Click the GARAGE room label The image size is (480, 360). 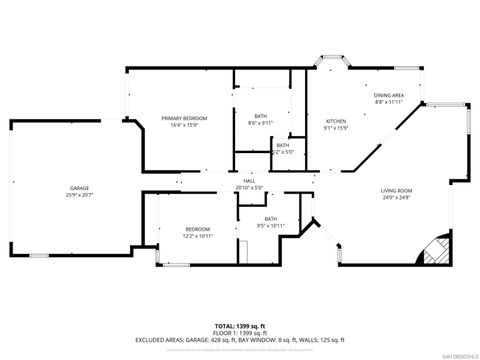point(79,187)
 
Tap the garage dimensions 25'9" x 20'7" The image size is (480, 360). point(79,193)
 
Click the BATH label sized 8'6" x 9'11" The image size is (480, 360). point(260,116)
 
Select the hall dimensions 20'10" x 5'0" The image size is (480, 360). point(248,187)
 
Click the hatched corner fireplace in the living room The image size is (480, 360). point(433,251)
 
